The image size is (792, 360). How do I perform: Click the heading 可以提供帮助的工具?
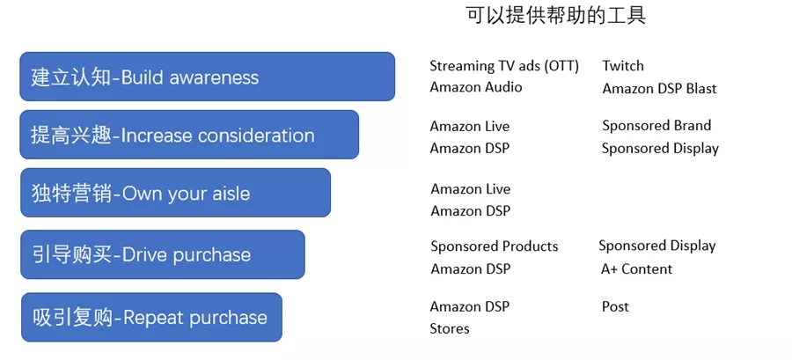[x=555, y=16]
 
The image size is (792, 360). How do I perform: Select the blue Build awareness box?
[x=207, y=77]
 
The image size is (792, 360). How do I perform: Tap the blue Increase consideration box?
[x=189, y=135]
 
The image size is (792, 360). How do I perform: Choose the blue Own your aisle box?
[x=175, y=193]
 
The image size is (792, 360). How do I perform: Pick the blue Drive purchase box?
[x=162, y=254]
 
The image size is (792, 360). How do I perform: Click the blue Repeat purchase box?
[x=151, y=317]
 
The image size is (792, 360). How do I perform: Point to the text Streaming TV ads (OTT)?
[x=504, y=66]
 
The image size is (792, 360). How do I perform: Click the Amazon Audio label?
[x=476, y=87]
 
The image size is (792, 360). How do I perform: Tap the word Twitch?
[x=623, y=66]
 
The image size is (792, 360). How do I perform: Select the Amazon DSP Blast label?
[x=659, y=89]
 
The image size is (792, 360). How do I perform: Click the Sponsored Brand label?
[x=656, y=126]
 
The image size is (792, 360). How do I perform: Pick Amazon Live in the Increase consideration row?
[x=470, y=126]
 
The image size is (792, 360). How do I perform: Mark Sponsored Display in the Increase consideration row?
[x=660, y=149]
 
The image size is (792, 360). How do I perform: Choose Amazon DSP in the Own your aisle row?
[x=470, y=210]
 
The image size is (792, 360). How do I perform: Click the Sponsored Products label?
[x=495, y=246]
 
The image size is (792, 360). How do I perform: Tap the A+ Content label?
[x=636, y=269]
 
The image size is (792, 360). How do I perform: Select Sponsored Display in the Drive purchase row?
[x=657, y=246]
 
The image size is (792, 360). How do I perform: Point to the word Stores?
[x=450, y=328]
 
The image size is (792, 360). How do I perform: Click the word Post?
[x=615, y=306]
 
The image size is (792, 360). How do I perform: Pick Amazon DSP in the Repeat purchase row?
[x=470, y=306]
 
